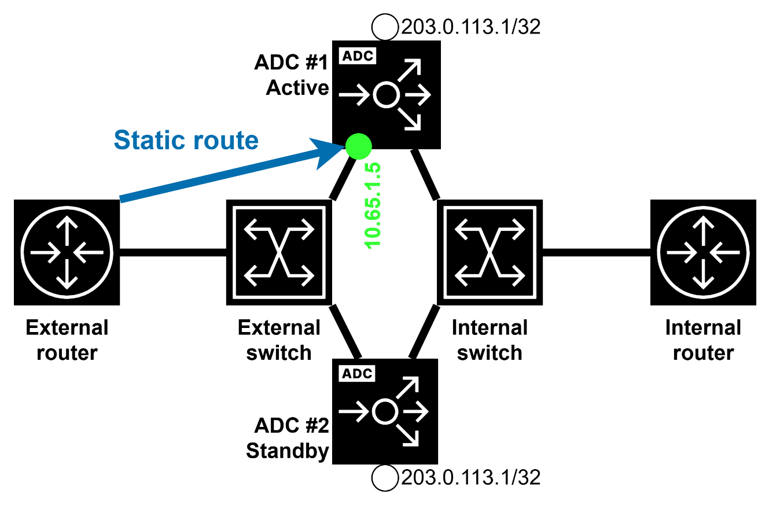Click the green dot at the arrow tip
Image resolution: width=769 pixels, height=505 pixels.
[x=358, y=146]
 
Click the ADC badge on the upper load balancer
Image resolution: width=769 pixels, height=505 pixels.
[x=357, y=56]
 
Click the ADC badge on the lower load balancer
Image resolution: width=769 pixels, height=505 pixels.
[x=357, y=374]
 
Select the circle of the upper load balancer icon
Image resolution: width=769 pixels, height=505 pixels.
[x=386, y=94]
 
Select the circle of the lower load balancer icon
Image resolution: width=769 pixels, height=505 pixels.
[x=385, y=412]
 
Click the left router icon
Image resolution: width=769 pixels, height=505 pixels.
[x=67, y=252]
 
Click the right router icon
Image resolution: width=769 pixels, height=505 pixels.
[x=703, y=252]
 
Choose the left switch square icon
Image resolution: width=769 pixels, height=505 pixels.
[x=279, y=252]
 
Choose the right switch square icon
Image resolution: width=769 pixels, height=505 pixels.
[x=490, y=252]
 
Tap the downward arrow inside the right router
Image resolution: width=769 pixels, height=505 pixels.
[x=703, y=275]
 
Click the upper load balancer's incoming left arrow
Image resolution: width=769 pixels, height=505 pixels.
[x=354, y=94]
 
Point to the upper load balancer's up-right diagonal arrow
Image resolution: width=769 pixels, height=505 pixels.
[x=410, y=69]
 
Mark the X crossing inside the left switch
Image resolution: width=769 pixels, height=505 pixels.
[x=279, y=253]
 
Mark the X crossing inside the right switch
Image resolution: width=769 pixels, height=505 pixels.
[x=490, y=253]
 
